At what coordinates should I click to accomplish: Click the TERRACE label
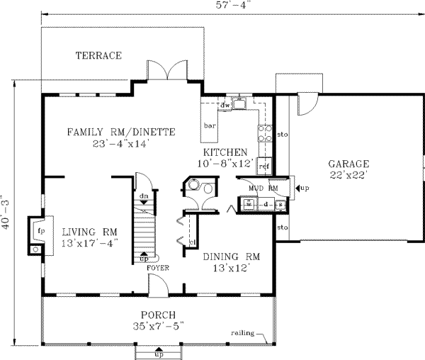pos(98,55)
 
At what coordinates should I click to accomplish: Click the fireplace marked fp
pos(39,232)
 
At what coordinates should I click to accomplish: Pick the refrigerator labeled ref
pos(265,166)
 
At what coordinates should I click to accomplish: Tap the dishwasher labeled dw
pos(226,106)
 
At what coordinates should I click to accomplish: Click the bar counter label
pos(210,126)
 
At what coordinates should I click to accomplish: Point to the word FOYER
pos(157,269)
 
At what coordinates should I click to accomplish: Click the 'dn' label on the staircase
pos(143,196)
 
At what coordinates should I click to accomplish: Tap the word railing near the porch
pos(244,332)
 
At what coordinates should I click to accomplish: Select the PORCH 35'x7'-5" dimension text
pos(158,320)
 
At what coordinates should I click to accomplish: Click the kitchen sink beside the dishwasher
pos(242,106)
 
